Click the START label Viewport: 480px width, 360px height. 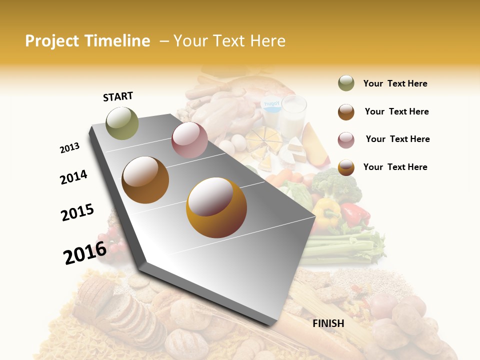pyautogui.click(x=118, y=96)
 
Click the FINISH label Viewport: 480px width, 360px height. pyautogui.click(x=328, y=323)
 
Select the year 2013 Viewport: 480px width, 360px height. pyautogui.click(x=69, y=148)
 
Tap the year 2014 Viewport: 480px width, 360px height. pyautogui.click(x=73, y=177)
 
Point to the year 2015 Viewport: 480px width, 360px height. pyautogui.click(x=77, y=212)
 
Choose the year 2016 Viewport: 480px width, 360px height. pyautogui.click(x=85, y=252)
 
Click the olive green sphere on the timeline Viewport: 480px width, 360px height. pyautogui.click(x=122, y=123)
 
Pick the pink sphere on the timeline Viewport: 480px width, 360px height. pyautogui.click(x=189, y=140)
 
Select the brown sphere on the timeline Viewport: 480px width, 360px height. pyautogui.click(x=145, y=180)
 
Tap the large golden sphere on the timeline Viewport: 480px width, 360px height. pyautogui.click(x=216, y=207)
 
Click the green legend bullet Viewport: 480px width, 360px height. pyautogui.click(x=346, y=83)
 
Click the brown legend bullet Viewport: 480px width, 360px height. pyautogui.click(x=346, y=111)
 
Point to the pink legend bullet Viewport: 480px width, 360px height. pyautogui.click(x=346, y=139)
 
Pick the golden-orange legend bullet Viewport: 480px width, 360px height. pyautogui.click(x=346, y=167)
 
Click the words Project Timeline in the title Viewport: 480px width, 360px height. pyautogui.click(x=87, y=41)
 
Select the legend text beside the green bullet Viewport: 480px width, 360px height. pyautogui.click(x=395, y=83)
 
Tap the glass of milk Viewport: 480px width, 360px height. pyautogui.click(x=293, y=115)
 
